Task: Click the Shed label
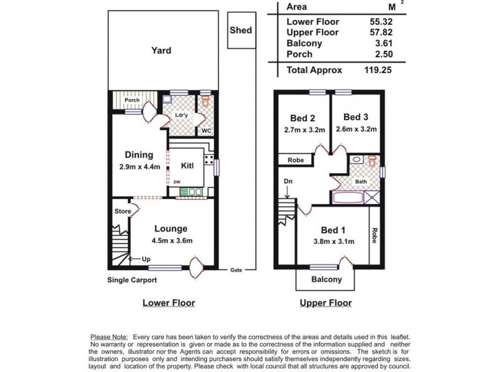click(x=241, y=30)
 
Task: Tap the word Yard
click(x=161, y=51)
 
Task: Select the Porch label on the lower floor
click(x=132, y=100)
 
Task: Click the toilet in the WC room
click(x=206, y=101)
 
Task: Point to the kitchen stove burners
click(x=208, y=159)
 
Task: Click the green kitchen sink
click(x=191, y=192)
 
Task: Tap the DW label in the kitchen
click(x=177, y=182)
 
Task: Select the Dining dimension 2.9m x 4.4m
click(x=140, y=167)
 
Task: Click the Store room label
click(x=123, y=211)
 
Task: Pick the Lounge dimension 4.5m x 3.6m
click(x=172, y=241)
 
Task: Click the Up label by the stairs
click(x=146, y=259)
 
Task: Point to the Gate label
click(x=236, y=270)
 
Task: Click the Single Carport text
click(x=132, y=280)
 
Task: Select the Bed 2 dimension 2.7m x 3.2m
click(x=304, y=130)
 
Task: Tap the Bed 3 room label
click(x=356, y=117)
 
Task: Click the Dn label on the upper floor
click(x=288, y=181)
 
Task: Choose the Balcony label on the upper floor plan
click(x=327, y=280)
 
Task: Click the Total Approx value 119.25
click(x=378, y=70)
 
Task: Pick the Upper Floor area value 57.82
click(x=381, y=32)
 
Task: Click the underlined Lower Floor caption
click(x=169, y=303)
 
